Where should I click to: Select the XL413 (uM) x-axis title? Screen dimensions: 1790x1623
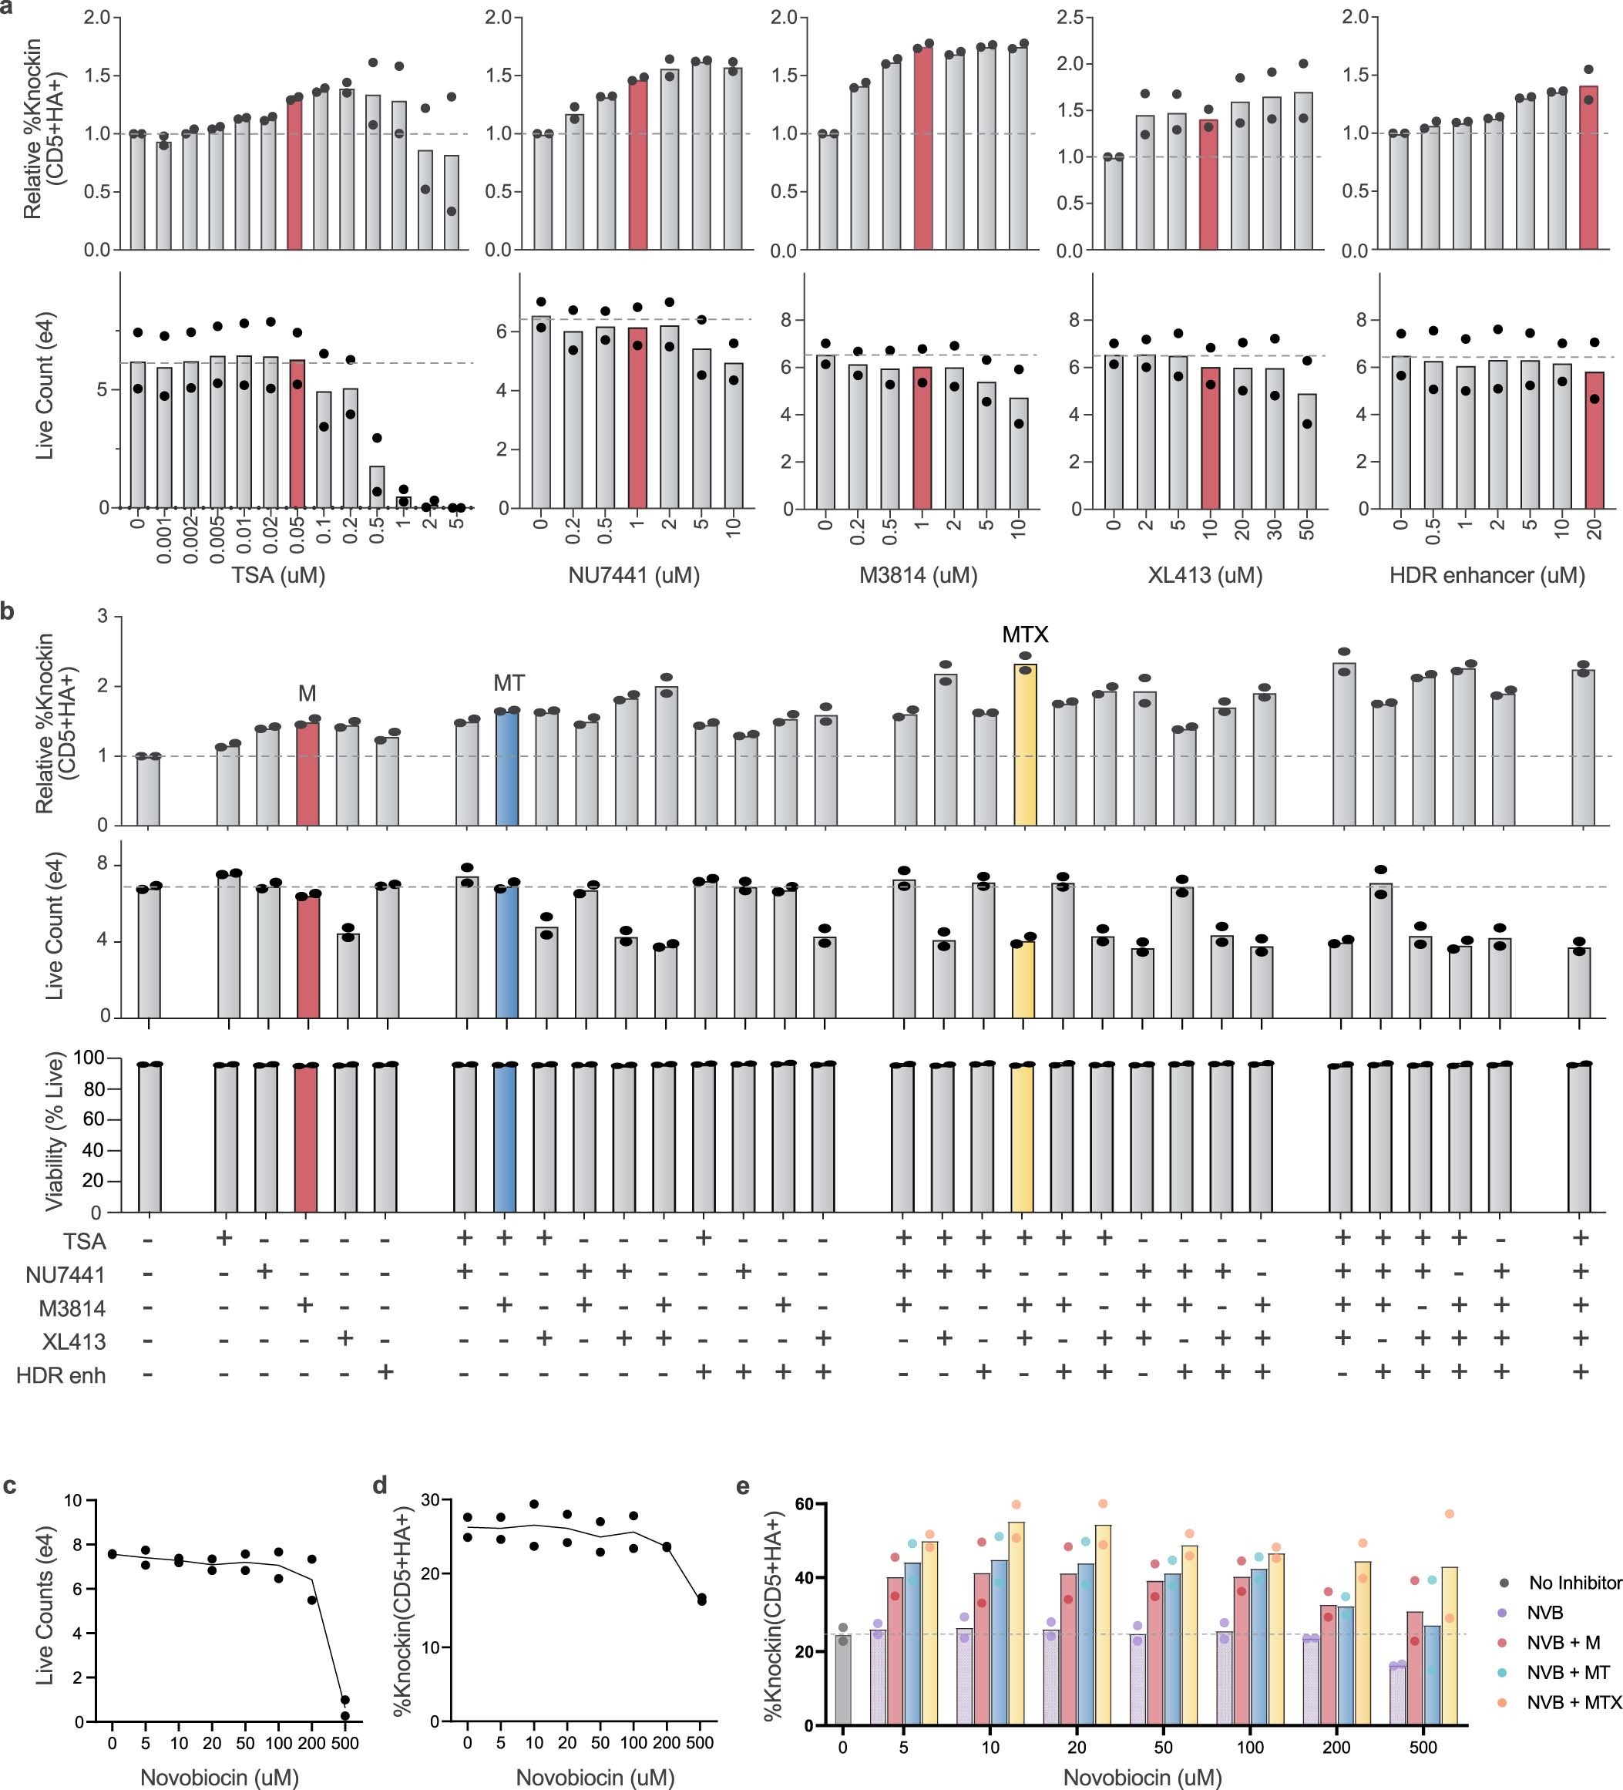click(1204, 575)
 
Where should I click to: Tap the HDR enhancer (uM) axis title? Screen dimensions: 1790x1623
click(1487, 575)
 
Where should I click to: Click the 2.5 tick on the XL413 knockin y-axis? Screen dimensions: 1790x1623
click(1074, 17)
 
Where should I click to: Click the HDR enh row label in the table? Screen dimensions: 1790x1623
click(60, 1375)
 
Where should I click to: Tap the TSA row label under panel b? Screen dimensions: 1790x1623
click(84, 1240)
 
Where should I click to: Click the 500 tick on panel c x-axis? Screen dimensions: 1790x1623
click(344, 1743)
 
